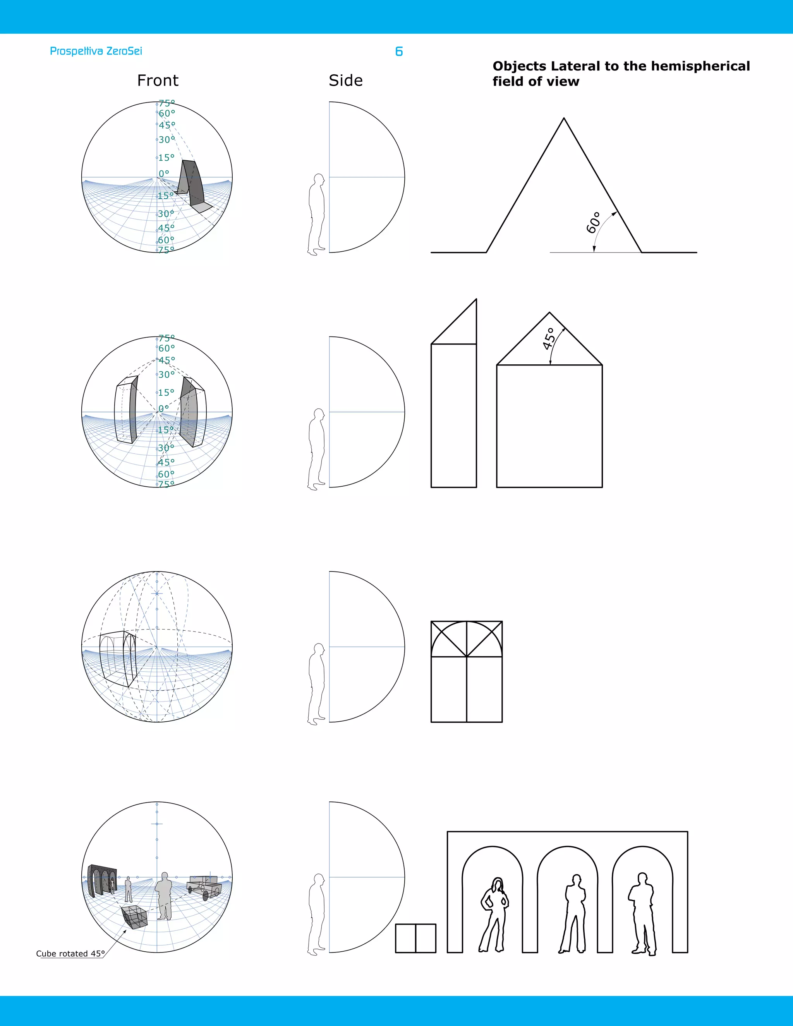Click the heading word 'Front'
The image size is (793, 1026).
158,81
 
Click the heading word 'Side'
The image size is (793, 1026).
346,81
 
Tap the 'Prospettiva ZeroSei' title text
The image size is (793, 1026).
96,51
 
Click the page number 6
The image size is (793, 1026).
399,51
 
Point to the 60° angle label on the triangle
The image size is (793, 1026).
593,223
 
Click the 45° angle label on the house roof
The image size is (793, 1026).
549,339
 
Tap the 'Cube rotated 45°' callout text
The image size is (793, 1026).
70,953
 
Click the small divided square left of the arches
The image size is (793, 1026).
416,938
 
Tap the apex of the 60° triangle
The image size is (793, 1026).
564,119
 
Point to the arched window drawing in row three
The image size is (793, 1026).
467,672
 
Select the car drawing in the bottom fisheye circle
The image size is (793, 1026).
204,887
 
